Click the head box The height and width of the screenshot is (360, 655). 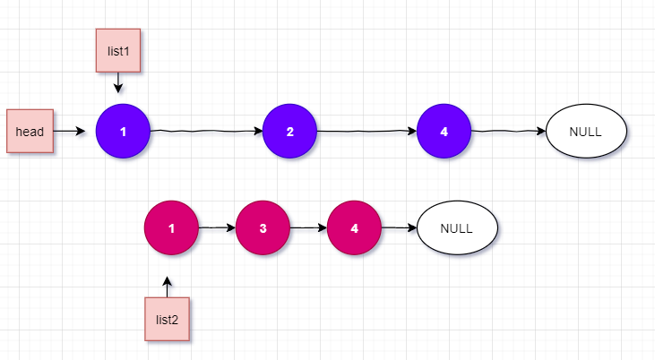[30, 132]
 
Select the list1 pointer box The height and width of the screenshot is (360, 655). [119, 51]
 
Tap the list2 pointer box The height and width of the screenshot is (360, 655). [168, 319]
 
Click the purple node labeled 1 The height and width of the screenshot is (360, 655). [123, 132]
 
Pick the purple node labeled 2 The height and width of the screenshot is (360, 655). [289, 132]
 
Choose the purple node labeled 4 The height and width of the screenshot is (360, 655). [444, 132]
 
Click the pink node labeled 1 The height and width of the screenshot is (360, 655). [171, 227]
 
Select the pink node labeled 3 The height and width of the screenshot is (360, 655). [263, 227]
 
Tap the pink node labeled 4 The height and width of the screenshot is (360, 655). [354, 227]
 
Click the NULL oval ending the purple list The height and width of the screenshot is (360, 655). [585, 132]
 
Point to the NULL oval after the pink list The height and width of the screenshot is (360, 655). [456, 227]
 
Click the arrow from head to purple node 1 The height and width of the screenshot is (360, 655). [74, 132]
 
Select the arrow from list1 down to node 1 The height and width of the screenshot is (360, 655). [118, 83]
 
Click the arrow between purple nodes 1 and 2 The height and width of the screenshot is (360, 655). [206, 132]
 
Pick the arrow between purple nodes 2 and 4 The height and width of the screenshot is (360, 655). [366, 132]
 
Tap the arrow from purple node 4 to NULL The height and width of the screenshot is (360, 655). [508, 132]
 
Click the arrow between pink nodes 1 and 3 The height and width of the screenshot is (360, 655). [217, 227]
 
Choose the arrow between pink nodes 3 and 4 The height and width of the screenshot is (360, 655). [308, 227]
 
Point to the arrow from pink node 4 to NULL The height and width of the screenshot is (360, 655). [399, 227]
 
